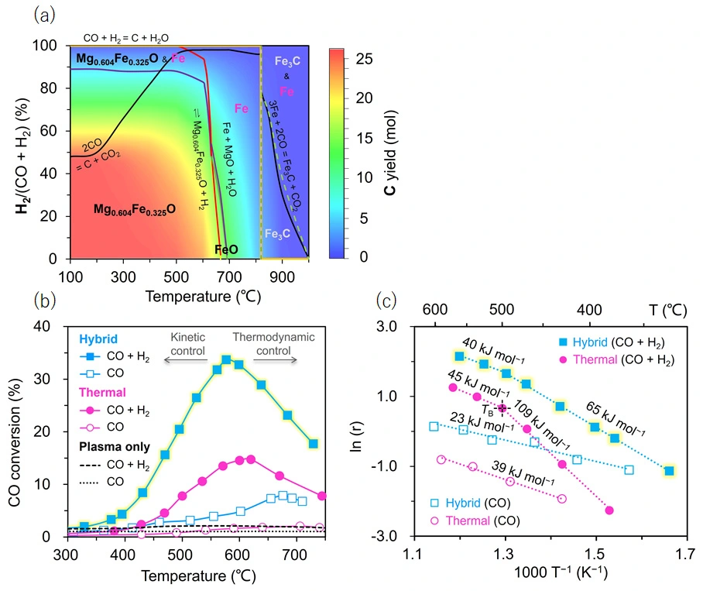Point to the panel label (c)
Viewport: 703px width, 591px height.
(388, 298)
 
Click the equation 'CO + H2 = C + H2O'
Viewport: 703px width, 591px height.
(126, 36)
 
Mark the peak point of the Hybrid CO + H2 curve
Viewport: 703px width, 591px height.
(226, 360)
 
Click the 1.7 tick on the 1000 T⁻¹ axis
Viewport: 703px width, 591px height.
(685, 555)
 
